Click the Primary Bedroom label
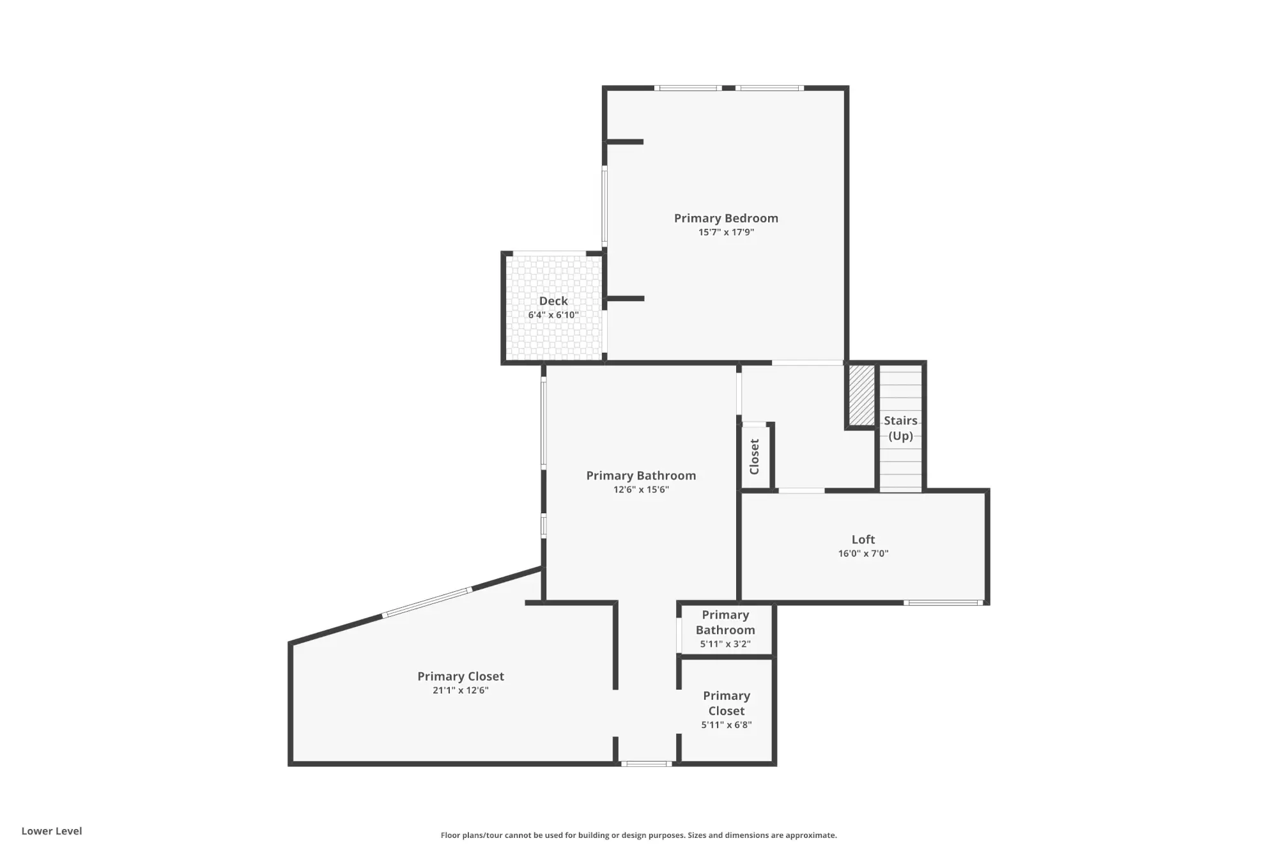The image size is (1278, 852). (x=726, y=218)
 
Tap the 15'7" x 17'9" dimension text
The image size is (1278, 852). (x=726, y=233)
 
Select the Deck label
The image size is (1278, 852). (x=553, y=301)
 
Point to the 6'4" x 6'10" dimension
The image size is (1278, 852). (x=553, y=315)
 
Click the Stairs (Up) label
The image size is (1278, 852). (x=901, y=428)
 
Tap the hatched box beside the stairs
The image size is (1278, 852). (x=861, y=395)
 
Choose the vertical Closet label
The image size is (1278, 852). (x=755, y=456)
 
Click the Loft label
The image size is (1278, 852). (x=863, y=539)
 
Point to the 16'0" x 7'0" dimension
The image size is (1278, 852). (x=863, y=554)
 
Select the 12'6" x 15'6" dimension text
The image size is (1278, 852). (x=641, y=490)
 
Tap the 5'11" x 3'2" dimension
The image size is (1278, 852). (x=725, y=644)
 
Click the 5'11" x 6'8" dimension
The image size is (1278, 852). (x=727, y=725)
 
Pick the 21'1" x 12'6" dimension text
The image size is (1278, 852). (x=461, y=690)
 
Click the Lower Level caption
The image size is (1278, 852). (x=52, y=831)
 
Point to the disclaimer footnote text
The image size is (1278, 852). (x=638, y=835)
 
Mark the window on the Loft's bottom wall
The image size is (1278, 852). (x=943, y=602)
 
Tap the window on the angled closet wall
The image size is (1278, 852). (x=427, y=602)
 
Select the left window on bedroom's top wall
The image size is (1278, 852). (x=688, y=88)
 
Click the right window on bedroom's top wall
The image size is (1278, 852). (x=769, y=88)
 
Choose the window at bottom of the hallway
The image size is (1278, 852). (x=646, y=763)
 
